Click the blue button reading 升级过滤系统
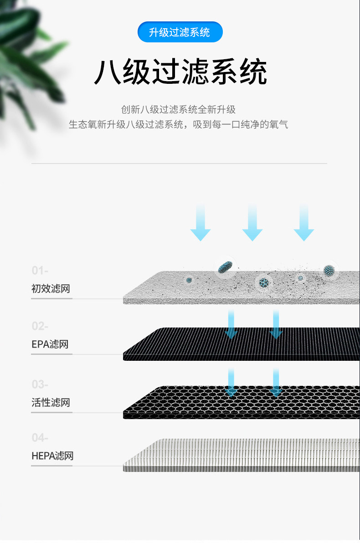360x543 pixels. pyautogui.click(x=180, y=32)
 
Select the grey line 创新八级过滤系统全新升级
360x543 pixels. pyautogui.click(x=178, y=110)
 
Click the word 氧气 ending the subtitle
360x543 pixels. pyautogui.click(x=278, y=124)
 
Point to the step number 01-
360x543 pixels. pyautogui.click(x=40, y=271)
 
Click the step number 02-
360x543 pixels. pyautogui.click(x=40, y=327)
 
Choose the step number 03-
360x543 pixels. pyautogui.click(x=40, y=385)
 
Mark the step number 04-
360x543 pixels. pyautogui.click(x=40, y=438)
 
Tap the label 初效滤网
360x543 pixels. pyautogui.click(x=51, y=289)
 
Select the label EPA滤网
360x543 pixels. pyautogui.click(x=50, y=344)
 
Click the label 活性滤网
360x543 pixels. pyautogui.click(x=51, y=403)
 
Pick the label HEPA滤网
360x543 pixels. pyautogui.click(x=52, y=456)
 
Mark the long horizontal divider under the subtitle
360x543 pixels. pyautogui.click(x=179, y=163)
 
